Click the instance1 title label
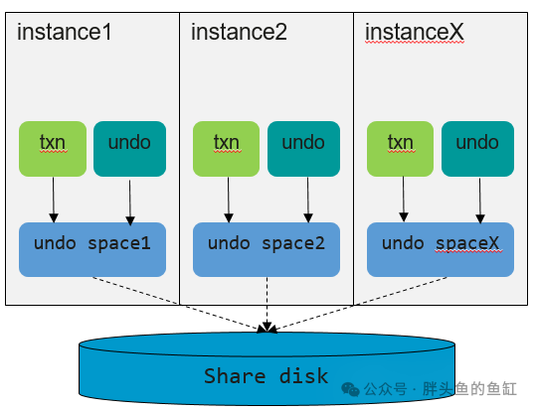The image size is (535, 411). (x=65, y=32)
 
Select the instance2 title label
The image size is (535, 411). (x=239, y=32)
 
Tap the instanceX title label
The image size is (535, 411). (x=415, y=32)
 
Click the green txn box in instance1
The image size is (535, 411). (x=53, y=149)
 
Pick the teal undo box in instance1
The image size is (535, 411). (x=129, y=149)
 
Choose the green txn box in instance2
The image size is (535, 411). (x=226, y=149)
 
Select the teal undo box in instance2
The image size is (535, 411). (x=303, y=149)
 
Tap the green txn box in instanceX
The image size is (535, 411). (x=400, y=149)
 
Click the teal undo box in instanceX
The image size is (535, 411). (x=477, y=149)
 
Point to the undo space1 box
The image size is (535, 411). (x=92, y=249)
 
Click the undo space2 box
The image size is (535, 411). (x=267, y=249)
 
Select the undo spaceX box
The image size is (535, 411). (x=441, y=249)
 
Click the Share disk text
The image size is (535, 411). (x=267, y=376)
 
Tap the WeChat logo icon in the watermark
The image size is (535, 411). (x=350, y=389)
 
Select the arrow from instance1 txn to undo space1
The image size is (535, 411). (x=54, y=200)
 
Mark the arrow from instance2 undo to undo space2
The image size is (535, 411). (x=308, y=200)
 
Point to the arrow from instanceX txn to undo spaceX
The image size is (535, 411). (x=404, y=199)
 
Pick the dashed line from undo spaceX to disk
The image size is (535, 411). (x=358, y=304)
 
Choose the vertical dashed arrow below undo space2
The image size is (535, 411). (x=267, y=304)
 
